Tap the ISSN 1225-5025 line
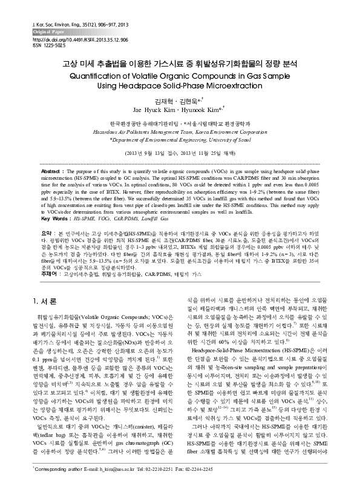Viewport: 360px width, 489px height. pyautogui.click(x=46, y=45)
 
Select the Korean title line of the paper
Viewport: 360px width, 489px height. pyautogui.click(x=180, y=63)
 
